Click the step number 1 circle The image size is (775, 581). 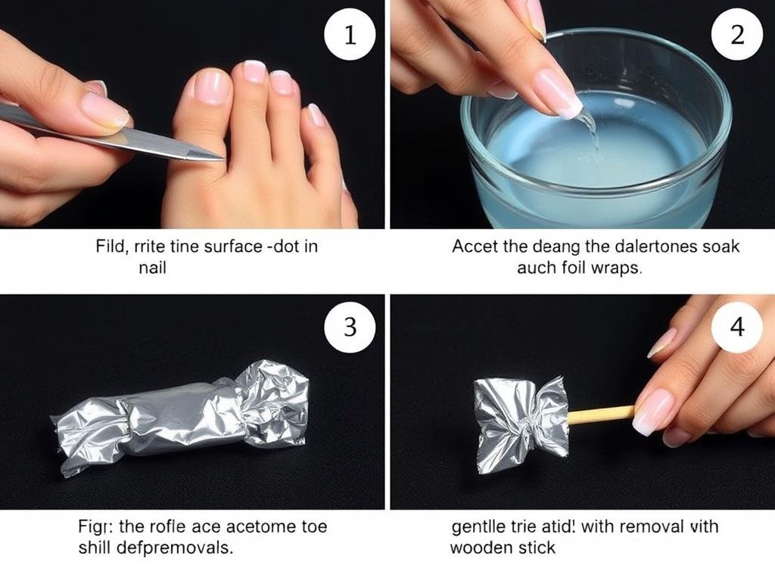click(350, 35)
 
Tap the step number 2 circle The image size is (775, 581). click(736, 35)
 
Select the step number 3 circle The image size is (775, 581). click(350, 327)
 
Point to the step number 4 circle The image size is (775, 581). click(736, 327)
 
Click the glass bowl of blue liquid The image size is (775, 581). click(598, 144)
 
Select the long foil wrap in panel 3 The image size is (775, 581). click(182, 412)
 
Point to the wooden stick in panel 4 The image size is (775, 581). click(601, 414)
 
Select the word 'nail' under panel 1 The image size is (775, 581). click(153, 268)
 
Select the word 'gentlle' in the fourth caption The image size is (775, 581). click(475, 526)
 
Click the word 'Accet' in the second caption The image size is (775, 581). click(471, 246)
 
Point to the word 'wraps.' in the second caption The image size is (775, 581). click(618, 269)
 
